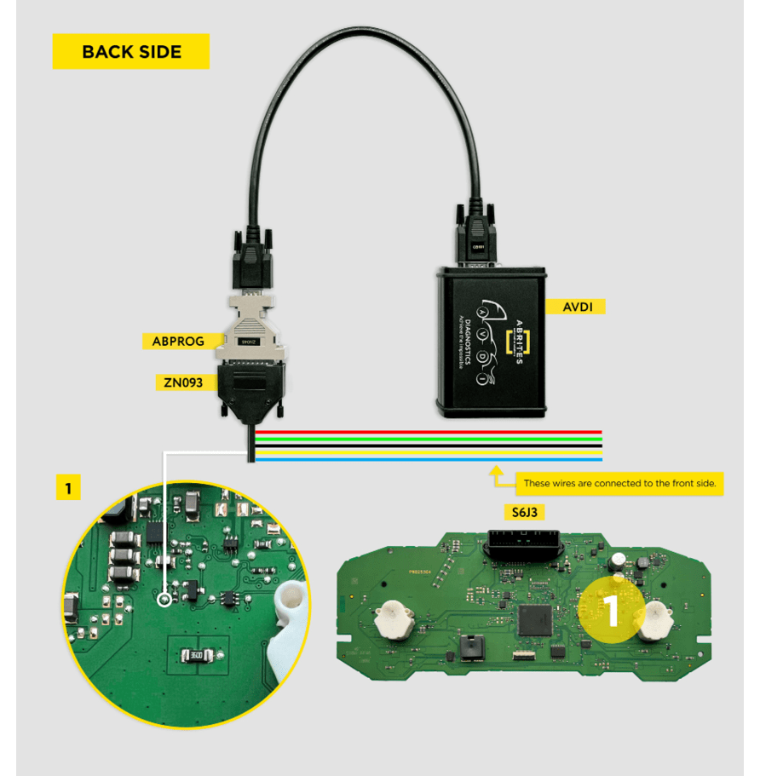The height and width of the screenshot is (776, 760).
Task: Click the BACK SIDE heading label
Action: [131, 52]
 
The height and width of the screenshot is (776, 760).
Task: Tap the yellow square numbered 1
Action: [68, 488]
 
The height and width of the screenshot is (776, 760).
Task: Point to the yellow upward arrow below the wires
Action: [495, 471]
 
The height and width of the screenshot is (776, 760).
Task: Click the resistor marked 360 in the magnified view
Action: [196, 655]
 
